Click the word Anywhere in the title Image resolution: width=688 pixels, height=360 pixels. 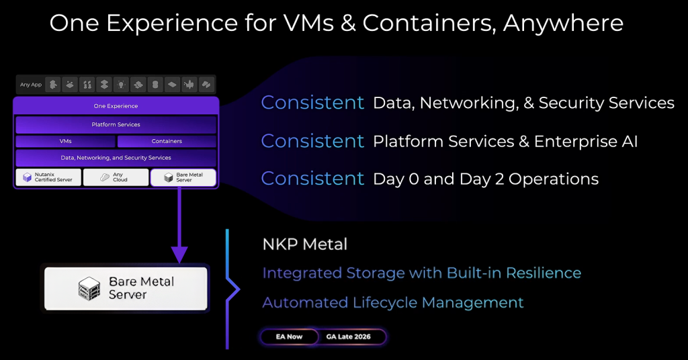(563, 24)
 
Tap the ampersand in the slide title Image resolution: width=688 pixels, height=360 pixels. (347, 24)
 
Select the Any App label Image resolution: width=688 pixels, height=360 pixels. (31, 85)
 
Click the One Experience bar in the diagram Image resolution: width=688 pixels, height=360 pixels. (116, 106)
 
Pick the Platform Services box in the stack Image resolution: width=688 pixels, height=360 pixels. (116, 125)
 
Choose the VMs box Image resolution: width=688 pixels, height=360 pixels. (65, 142)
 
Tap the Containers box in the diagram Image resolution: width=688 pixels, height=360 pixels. (167, 142)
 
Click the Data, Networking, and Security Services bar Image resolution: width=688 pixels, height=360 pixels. (116, 158)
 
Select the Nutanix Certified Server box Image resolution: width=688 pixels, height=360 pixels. (48, 177)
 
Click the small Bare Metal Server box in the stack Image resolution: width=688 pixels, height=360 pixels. (183, 177)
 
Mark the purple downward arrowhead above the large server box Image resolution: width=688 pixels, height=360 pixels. (179, 255)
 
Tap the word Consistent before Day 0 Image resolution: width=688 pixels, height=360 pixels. (312, 179)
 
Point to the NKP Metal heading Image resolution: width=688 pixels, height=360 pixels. (305, 244)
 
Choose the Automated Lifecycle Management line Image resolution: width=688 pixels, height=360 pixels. (393, 302)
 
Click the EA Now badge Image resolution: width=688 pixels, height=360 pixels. (290, 336)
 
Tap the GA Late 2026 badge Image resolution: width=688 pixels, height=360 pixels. (353, 336)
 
